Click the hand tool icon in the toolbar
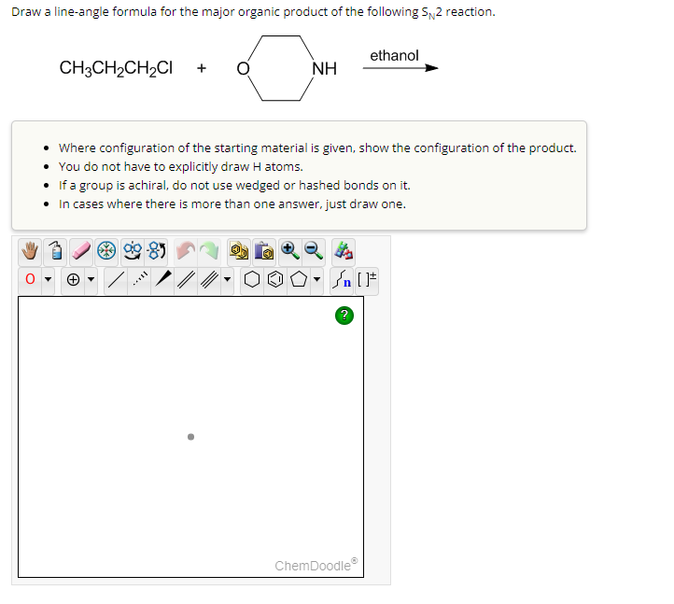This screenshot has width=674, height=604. pyautogui.click(x=29, y=251)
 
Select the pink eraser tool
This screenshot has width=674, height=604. pyautogui.click(x=81, y=251)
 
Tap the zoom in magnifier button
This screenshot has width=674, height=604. pyautogui.click(x=288, y=250)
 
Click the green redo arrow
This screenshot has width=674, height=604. pyautogui.click(x=211, y=251)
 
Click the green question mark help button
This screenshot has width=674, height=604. pyautogui.click(x=344, y=316)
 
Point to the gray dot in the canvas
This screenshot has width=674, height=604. pyautogui.click(x=190, y=435)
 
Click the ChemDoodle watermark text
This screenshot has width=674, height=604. pyautogui.click(x=315, y=565)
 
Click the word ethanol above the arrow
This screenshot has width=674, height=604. pyautogui.click(x=394, y=56)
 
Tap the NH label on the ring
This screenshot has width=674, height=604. pyautogui.click(x=325, y=68)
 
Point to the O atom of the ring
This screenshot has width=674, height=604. pyautogui.click(x=243, y=68)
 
